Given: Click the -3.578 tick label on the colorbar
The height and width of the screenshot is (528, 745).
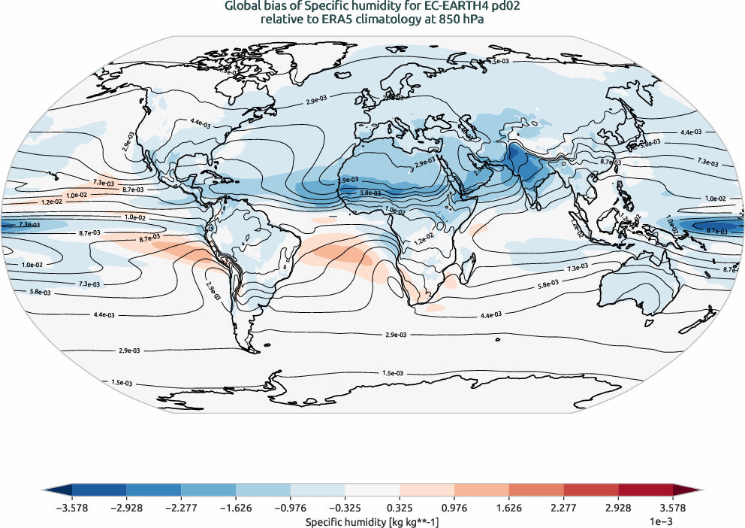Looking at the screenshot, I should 71,508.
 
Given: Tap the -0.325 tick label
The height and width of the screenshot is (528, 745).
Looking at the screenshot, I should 345,508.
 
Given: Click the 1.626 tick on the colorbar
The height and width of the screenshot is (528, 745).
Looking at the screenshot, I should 509,508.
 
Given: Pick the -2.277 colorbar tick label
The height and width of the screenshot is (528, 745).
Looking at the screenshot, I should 181,508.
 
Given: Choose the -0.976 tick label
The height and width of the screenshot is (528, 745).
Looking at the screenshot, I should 290,508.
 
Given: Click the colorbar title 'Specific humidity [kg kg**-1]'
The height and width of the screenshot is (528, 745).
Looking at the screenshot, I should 372,520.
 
